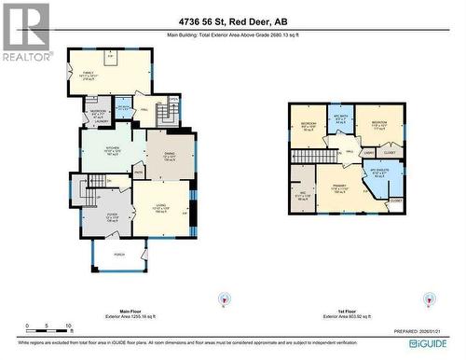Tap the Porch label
tap(118, 254)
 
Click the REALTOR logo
tap(25, 34)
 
